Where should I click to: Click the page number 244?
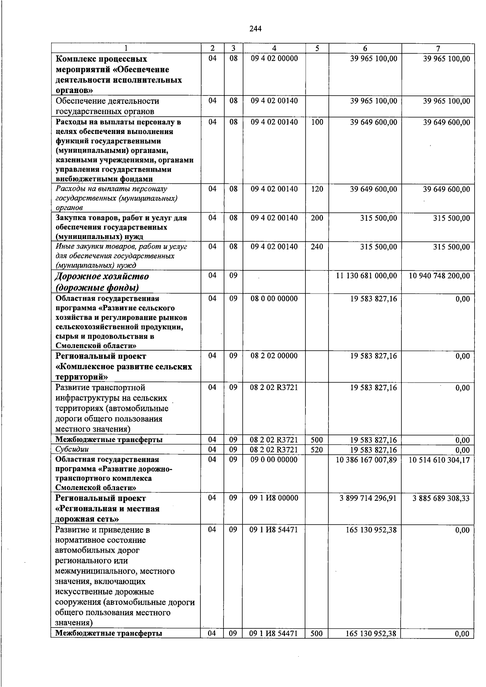click(x=256, y=29)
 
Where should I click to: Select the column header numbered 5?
click(x=317, y=48)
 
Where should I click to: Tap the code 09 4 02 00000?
click(x=274, y=59)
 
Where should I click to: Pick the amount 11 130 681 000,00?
click(x=367, y=276)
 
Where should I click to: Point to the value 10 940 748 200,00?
click(x=439, y=276)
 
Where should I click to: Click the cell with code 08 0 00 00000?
click(x=274, y=299)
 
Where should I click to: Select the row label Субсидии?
click(x=72, y=449)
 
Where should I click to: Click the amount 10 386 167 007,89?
click(x=367, y=460)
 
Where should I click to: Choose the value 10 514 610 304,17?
click(x=439, y=460)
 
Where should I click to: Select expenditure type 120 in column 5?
click(x=317, y=189)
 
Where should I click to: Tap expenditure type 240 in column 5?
click(x=317, y=247)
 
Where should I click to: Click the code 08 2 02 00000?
click(x=274, y=356)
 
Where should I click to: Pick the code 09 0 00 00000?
click(x=274, y=460)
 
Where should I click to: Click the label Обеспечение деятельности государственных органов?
click(x=107, y=106)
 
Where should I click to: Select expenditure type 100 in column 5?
click(x=317, y=122)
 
